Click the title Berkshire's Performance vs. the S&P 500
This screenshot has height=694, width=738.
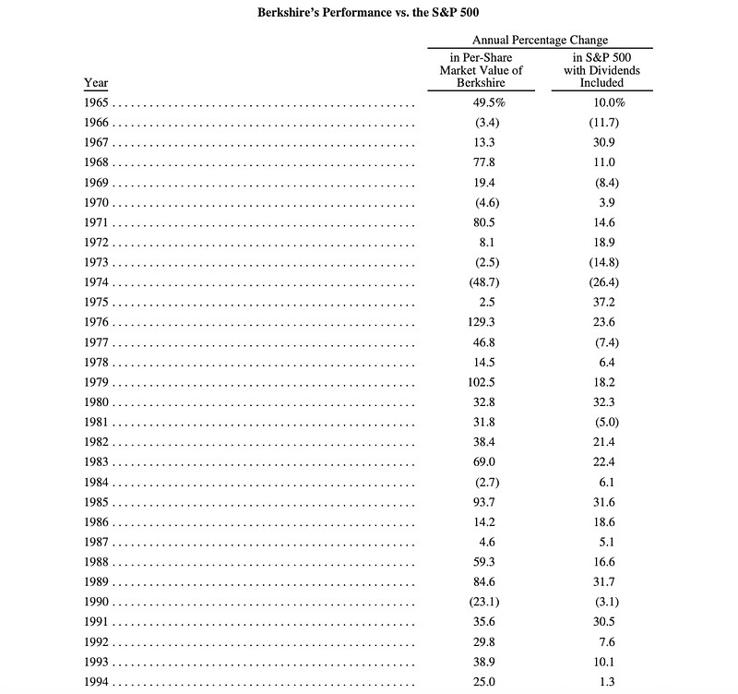point(369,13)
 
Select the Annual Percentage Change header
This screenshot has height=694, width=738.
point(540,41)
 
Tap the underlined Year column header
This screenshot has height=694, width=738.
point(96,83)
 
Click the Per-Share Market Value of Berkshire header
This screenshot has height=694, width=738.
point(481,69)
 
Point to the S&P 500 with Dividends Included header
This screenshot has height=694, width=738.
point(601,69)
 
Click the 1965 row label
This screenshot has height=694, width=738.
point(96,102)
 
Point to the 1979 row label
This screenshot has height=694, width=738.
point(96,382)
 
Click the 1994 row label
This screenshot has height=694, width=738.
point(96,682)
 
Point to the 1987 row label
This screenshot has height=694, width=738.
point(96,542)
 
